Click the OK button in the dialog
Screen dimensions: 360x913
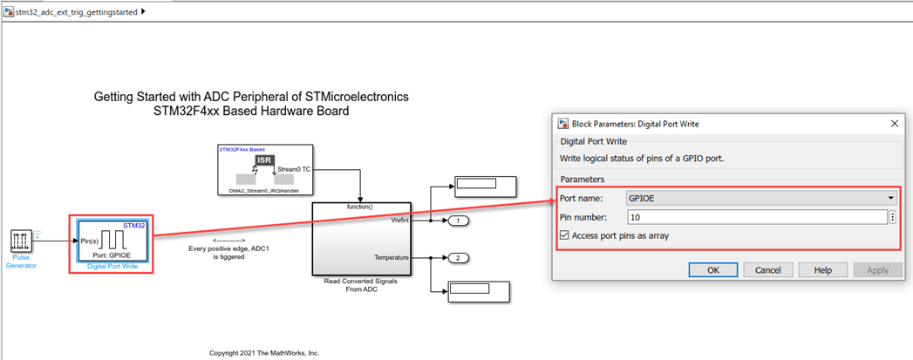[x=712, y=269]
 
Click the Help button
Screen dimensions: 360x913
[x=822, y=269]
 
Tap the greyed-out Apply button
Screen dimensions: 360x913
[x=877, y=269]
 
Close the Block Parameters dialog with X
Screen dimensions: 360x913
[x=894, y=124]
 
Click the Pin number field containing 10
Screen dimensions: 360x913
[x=756, y=217]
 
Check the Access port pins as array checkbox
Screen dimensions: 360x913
[x=564, y=235]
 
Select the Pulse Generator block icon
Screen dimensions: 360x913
[x=22, y=241]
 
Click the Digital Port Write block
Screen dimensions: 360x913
[x=112, y=240]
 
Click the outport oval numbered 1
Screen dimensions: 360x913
[x=459, y=221]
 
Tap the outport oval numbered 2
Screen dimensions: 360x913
[x=459, y=258]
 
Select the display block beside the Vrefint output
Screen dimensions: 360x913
[x=484, y=185]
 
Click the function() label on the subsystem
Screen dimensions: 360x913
[x=360, y=207]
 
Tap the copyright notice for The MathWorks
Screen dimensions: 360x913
[x=264, y=353]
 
